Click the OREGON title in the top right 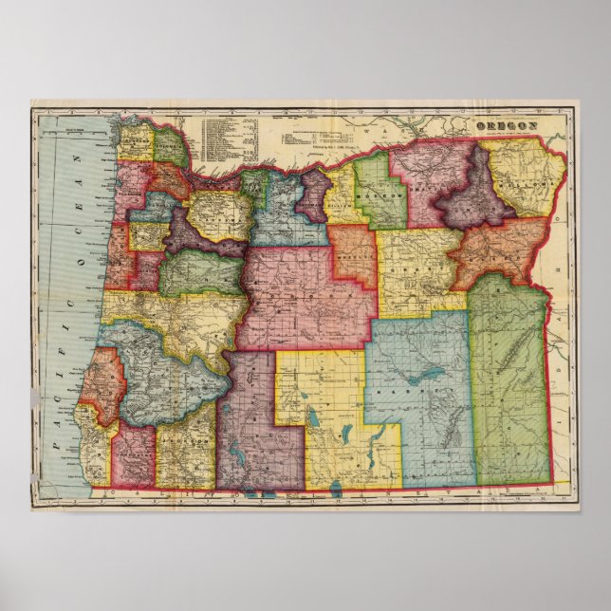[x=507, y=125]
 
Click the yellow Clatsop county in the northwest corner [x=133, y=142]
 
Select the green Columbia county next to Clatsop [x=170, y=147]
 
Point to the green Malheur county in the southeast [x=509, y=380]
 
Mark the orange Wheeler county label [x=357, y=256]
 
